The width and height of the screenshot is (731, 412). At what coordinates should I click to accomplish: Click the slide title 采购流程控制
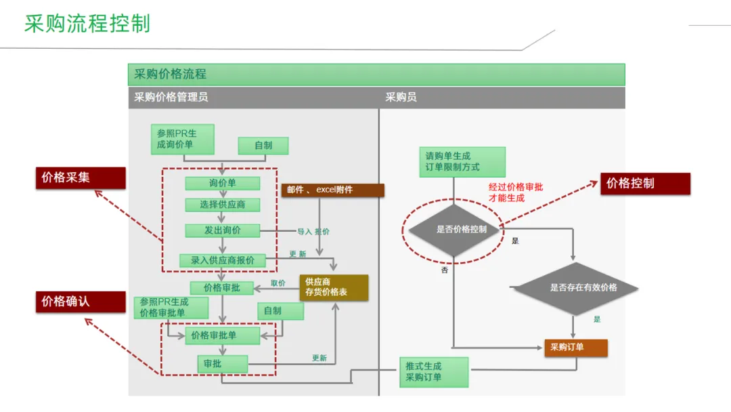point(87,24)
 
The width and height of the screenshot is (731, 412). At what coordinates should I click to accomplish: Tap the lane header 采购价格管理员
point(171,97)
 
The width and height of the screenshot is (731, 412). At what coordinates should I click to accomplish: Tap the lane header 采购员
point(401,97)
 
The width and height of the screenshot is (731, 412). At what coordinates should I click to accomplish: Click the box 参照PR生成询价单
point(182,139)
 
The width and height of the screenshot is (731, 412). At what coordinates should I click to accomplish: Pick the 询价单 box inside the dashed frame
point(222,183)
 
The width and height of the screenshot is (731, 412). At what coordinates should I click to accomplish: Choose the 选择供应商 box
point(222,205)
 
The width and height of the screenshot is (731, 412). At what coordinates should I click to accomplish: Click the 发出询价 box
point(222,230)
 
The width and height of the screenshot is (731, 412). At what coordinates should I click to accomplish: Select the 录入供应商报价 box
point(223,260)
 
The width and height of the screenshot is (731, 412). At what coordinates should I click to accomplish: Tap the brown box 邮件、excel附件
point(332,190)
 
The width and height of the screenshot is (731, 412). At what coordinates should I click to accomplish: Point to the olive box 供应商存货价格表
point(334,287)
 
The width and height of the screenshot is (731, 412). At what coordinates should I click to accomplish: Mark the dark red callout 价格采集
point(81,178)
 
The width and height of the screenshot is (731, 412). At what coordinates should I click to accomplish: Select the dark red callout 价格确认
point(81,302)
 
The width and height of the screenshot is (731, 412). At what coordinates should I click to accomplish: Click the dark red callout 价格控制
point(645,184)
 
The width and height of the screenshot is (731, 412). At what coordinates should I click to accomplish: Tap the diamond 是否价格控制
point(453,230)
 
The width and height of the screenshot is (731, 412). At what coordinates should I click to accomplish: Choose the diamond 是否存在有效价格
point(575,287)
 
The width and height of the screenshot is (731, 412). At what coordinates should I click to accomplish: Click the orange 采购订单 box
point(575,348)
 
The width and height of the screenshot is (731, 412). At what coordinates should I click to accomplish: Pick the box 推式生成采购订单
point(433,372)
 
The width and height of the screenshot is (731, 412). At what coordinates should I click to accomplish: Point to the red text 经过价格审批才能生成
point(516,192)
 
